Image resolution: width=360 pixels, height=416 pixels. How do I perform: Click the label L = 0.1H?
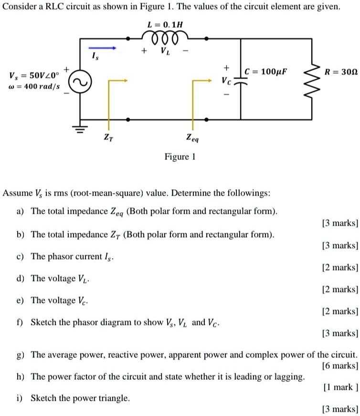pos(166,23)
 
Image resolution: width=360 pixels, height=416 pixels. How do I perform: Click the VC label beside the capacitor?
pos(226,81)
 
